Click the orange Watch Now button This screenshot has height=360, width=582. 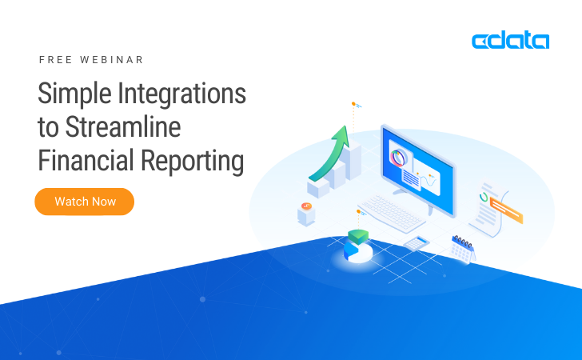coord(84,202)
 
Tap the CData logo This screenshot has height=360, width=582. coord(510,41)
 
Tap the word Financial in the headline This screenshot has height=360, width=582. coord(86,161)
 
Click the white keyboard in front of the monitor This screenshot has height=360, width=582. coord(393,212)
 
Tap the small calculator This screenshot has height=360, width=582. coord(417,242)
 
